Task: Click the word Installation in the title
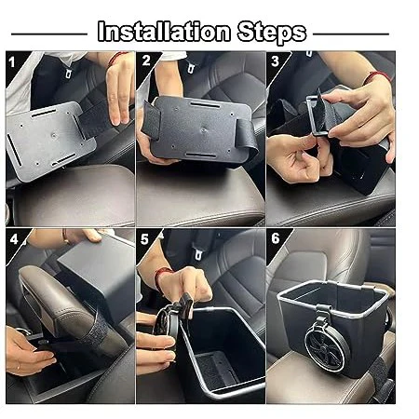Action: click(x=164, y=32)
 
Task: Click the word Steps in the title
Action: click(x=272, y=33)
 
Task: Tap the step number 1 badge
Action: click(x=12, y=62)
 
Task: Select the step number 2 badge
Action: click(x=146, y=61)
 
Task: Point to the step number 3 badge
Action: click(x=275, y=61)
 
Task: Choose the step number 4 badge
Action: click(x=14, y=239)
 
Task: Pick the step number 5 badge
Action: click(x=144, y=239)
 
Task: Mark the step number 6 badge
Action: click(x=276, y=238)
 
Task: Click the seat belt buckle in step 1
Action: click(x=68, y=73)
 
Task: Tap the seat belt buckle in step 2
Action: click(x=192, y=66)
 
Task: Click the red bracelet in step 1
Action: click(x=115, y=59)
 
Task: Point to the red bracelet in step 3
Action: click(x=376, y=76)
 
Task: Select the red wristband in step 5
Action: click(x=162, y=277)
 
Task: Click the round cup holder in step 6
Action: click(x=325, y=346)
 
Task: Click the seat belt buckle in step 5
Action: click(x=196, y=252)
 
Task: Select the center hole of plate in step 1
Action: click(x=54, y=135)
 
